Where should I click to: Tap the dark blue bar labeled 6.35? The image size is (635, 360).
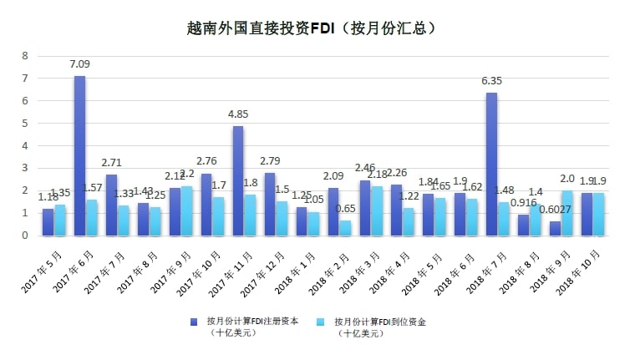tap(491, 165)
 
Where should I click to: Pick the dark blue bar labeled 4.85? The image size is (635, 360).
tap(238, 181)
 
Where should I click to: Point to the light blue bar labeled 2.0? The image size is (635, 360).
tap(567, 213)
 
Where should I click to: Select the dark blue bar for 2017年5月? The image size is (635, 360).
tap(48, 222)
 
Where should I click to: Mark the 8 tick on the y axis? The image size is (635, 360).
tap(24, 56)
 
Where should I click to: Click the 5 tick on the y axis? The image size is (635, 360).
tap(24, 124)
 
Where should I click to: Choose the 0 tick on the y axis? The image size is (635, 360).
tap(24, 236)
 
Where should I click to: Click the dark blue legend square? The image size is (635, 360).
tap(193, 321)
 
